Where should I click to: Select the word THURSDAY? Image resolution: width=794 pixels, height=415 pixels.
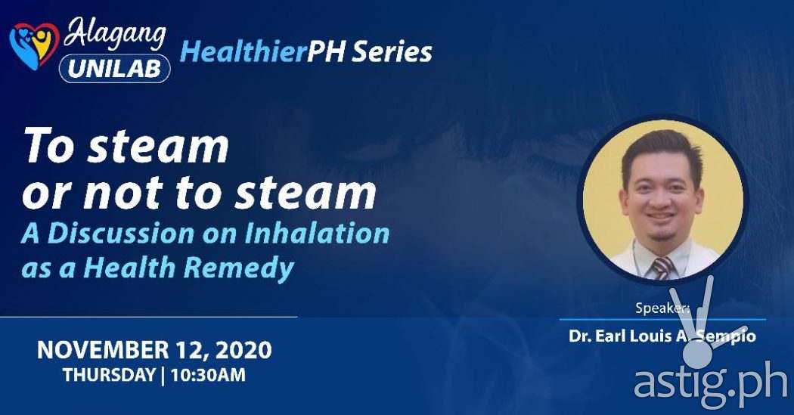coord(109,374)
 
